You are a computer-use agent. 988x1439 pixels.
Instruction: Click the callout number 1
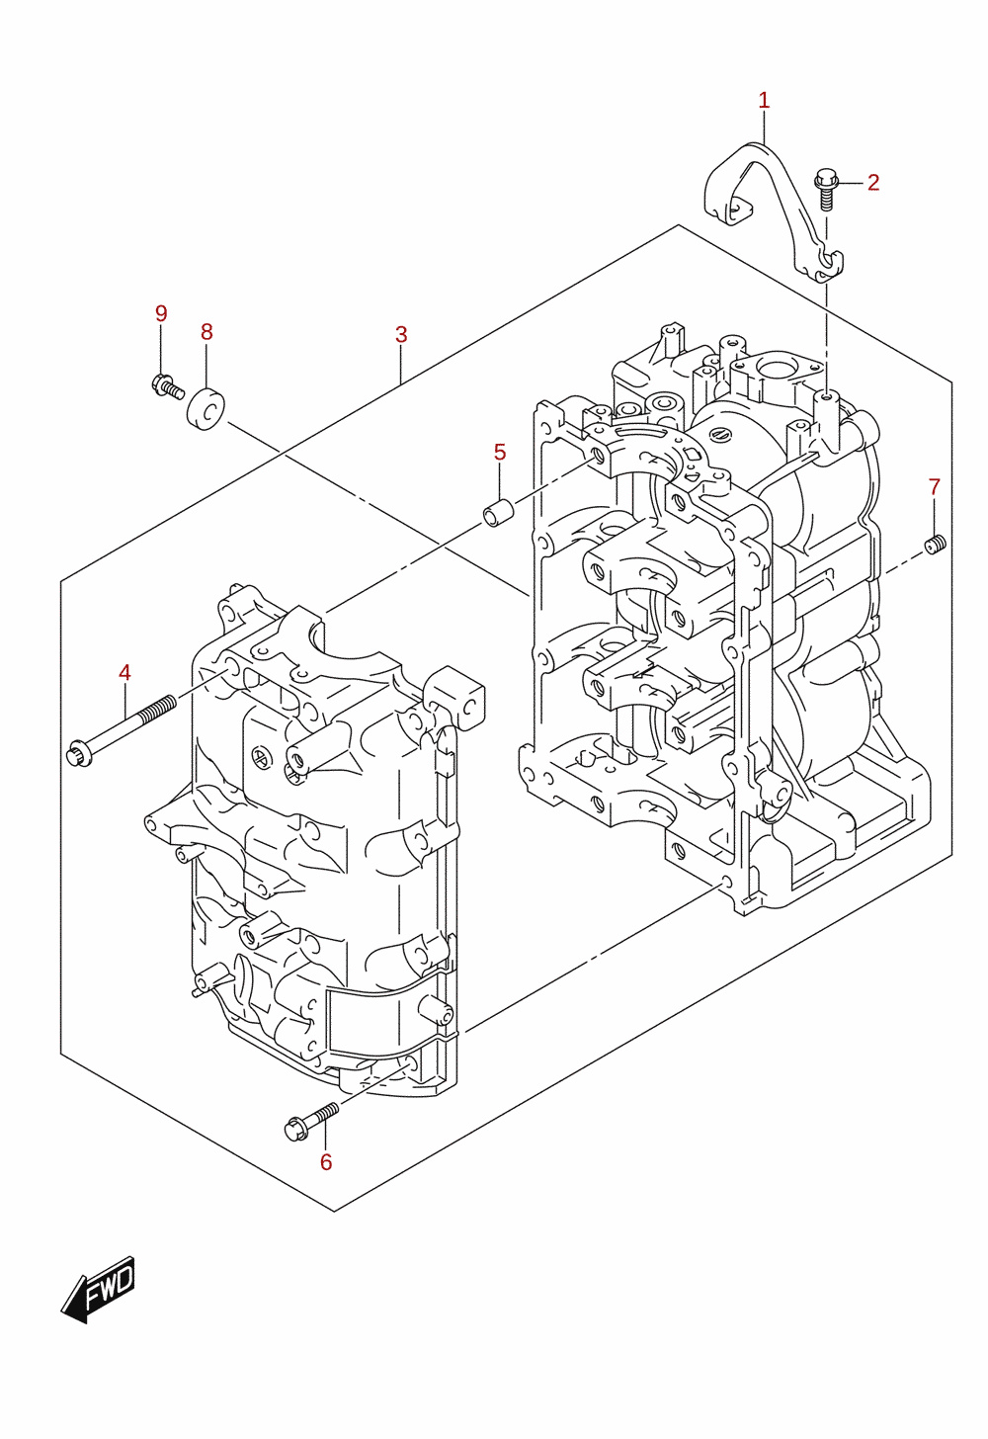(764, 100)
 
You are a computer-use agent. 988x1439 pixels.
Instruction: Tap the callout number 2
(873, 183)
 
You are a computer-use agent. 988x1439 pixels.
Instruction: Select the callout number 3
(401, 334)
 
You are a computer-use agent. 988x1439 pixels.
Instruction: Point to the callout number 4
(124, 673)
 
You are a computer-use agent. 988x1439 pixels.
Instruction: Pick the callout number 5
(500, 453)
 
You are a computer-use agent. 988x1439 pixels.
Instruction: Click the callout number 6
(326, 1162)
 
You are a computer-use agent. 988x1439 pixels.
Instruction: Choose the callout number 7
(935, 487)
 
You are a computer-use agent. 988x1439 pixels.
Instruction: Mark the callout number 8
(206, 332)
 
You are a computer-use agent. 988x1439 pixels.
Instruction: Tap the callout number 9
(161, 313)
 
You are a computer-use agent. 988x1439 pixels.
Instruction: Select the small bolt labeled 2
(826, 189)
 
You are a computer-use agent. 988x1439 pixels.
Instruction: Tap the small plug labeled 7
(936, 545)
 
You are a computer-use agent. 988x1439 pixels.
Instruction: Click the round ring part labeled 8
(206, 408)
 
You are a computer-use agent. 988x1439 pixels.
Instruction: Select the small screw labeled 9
(168, 386)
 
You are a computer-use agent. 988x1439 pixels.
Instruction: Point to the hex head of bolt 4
(80, 753)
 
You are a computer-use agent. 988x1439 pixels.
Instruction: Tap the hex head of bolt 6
(295, 1130)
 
